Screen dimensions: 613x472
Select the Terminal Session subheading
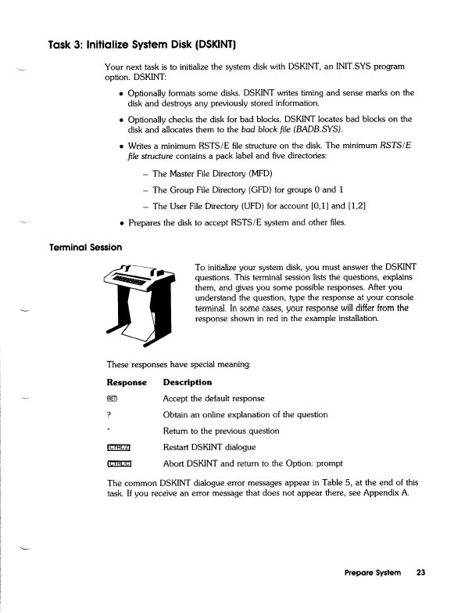(x=86, y=247)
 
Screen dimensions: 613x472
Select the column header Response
(x=126, y=382)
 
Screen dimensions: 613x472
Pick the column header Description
(x=187, y=382)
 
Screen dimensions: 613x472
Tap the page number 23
(x=420, y=574)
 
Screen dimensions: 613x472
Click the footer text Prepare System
(x=373, y=574)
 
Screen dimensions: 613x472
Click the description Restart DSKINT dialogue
(x=209, y=447)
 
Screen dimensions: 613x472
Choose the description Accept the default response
(x=213, y=398)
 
